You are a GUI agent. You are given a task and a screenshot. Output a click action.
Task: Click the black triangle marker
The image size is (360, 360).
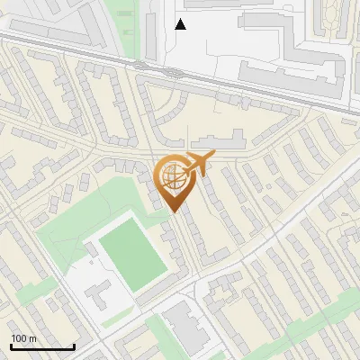(x=181, y=24)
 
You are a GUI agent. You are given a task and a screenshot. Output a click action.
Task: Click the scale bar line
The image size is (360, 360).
(x=42, y=347)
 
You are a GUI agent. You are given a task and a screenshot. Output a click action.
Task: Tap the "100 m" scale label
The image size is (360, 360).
(x=23, y=338)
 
